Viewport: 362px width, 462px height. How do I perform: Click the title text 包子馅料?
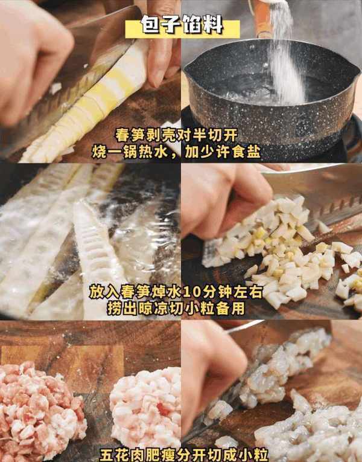tap(182, 25)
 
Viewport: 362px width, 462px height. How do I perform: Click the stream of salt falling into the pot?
tap(284, 56)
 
